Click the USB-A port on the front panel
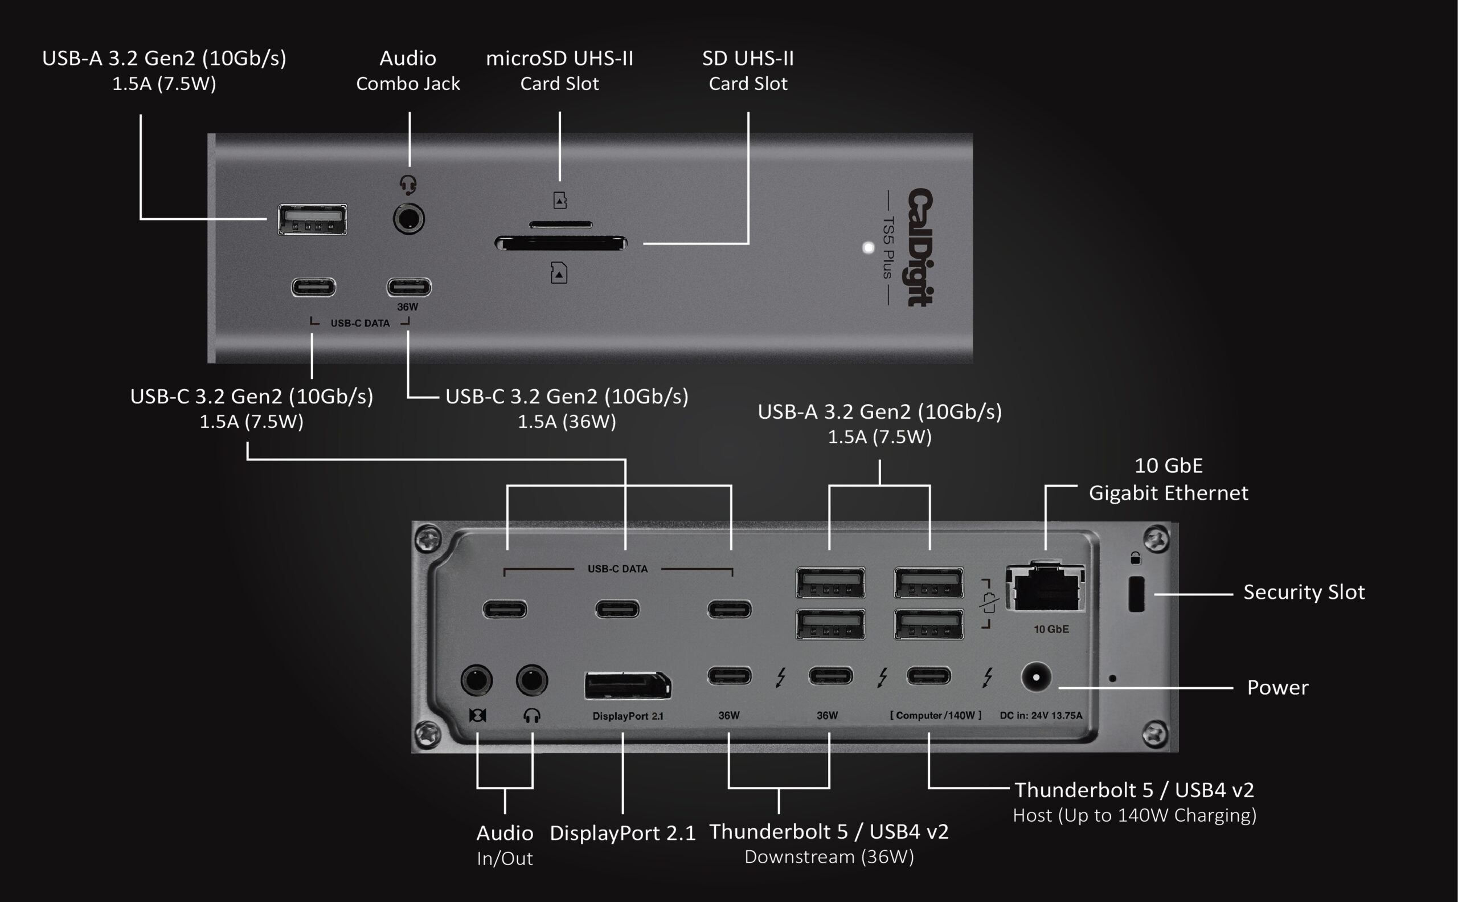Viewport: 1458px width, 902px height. coord(312,219)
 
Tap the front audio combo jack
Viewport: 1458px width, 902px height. coord(408,219)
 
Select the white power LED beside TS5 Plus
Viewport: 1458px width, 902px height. coord(868,247)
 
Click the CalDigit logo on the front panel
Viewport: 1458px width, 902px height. coord(920,247)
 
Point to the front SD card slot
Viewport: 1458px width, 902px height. coord(560,243)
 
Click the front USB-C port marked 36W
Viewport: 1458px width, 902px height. coord(408,287)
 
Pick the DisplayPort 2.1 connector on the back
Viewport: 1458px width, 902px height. coord(627,685)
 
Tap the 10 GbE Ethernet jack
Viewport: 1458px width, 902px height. coord(1045,588)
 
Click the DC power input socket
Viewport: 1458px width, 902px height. coord(1036,677)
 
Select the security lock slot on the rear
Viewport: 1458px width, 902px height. coord(1136,594)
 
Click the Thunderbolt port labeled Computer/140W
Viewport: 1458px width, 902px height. coord(928,676)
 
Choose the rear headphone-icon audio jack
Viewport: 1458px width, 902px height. coord(531,680)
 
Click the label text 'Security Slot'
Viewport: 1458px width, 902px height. coord(1304,593)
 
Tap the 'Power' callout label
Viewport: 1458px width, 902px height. coord(1277,688)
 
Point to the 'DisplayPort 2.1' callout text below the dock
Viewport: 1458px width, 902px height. coord(622,834)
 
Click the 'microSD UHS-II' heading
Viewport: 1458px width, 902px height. coord(559,59)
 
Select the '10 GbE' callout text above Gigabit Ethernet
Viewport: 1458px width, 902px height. coord(1168,466)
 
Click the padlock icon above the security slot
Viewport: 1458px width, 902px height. coord(1136,558)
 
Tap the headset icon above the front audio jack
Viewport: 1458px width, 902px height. coord(408,185)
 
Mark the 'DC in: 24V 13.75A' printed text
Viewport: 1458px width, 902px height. coord(1041,715)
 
